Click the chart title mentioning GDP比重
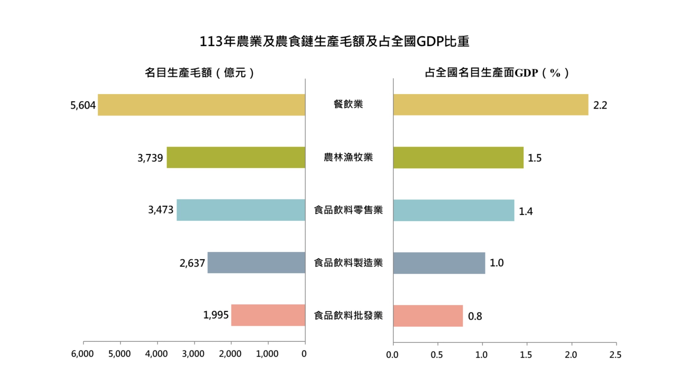coord(334,41)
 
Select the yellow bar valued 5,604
coord(201,105)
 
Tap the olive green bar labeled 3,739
coord(236,157)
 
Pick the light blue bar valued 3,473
coord(241,210)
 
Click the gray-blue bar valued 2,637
coord(256,263)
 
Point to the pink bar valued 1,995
coord(268,315)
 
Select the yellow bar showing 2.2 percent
coord(490,105)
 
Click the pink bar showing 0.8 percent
coord(428,316)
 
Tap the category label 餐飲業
coord(348,104)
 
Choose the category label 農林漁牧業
coord(348,157)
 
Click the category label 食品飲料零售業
coord(348,210)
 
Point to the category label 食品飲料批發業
coord(348,315)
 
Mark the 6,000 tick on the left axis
coord(82,354)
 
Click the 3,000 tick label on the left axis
coord(193,354)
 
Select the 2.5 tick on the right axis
coord(615,355)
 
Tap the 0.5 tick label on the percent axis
coord(437,355)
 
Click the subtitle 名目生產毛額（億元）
coord(199,73)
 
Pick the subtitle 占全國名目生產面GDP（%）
coord(497,73)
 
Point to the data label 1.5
coord(535,158)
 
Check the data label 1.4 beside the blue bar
coord(525,211)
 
